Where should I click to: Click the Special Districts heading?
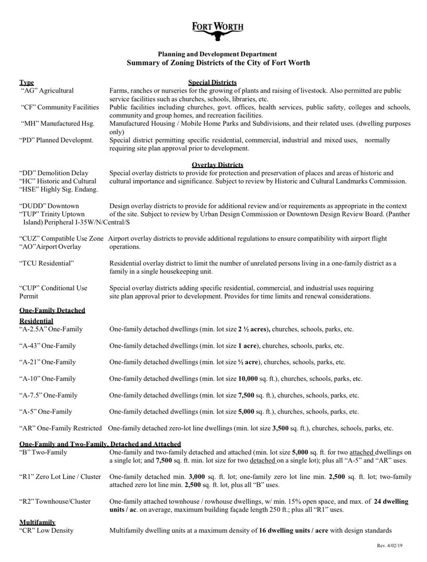click(212, 82)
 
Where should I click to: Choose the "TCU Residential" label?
click(46, 263)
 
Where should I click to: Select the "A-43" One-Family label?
click(48, 346)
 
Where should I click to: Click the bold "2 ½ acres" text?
click(253, 329)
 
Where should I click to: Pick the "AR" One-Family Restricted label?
click(61, 428)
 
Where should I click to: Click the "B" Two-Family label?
click(44, 452)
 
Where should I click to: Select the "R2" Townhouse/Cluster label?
click(55, 502)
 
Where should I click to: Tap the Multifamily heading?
click(37, 522)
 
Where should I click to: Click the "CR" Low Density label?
click(47, 530)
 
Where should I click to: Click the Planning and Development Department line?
click(218, 54)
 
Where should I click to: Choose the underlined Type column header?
click(27, 82)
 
